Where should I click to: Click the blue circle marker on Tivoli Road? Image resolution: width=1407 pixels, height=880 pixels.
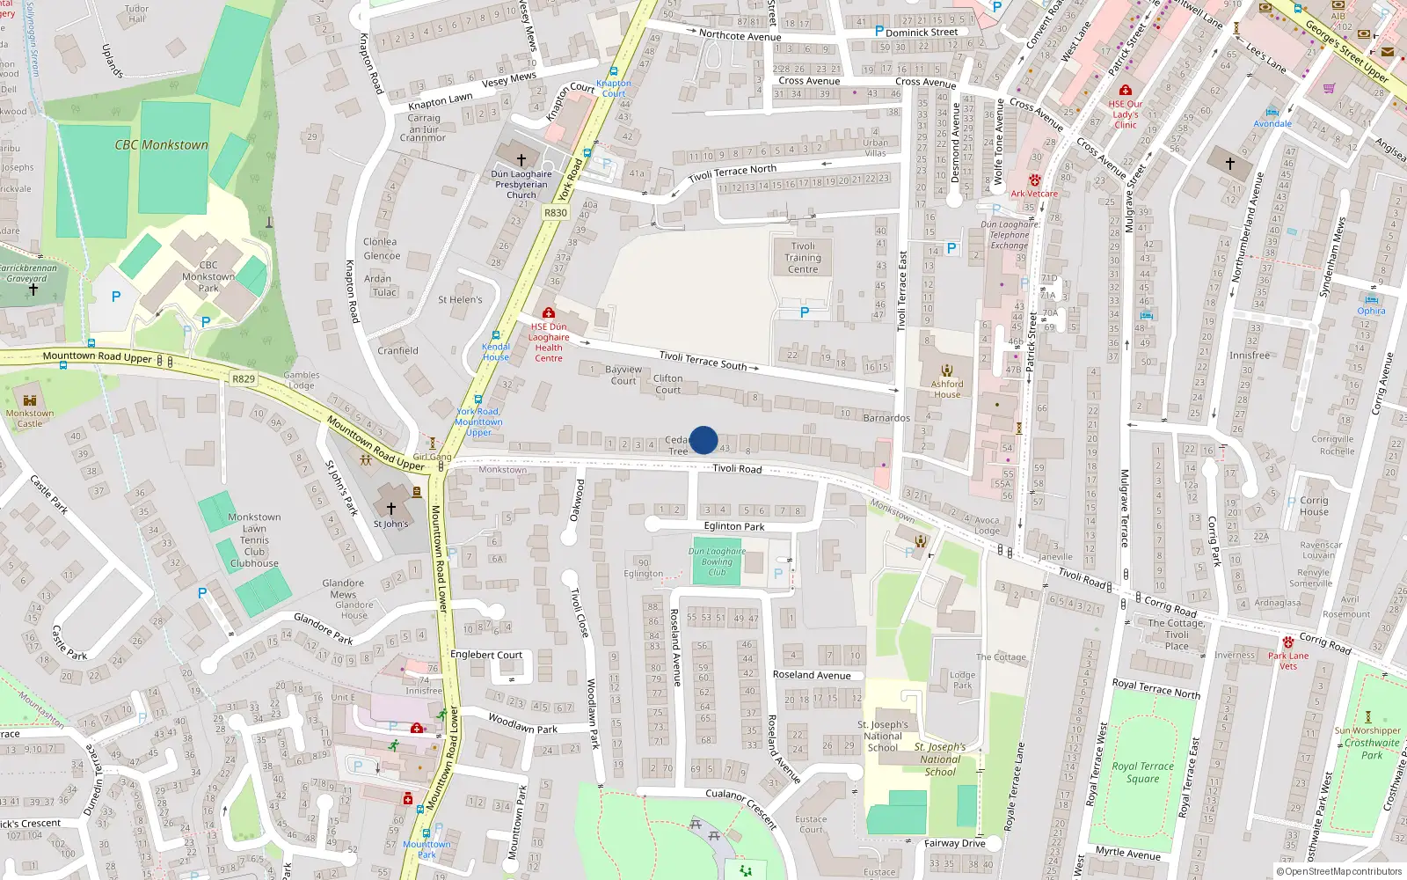(703, 440)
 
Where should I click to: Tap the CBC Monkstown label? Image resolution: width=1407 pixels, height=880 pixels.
(162, 145)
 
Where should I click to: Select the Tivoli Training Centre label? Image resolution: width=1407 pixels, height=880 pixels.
(803, 258)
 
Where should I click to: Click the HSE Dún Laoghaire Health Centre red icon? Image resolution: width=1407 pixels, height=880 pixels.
(549, 313)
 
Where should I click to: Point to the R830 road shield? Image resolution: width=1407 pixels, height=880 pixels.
(556, 213)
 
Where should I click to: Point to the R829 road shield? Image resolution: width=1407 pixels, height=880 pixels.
(244, 379)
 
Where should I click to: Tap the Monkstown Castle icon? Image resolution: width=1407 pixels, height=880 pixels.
(30, 400)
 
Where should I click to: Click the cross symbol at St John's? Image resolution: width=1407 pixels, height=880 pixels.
(391, 509)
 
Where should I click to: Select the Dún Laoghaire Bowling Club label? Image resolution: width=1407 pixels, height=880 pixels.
(717, 561)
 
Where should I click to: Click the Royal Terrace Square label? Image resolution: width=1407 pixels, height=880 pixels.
(1142, 772)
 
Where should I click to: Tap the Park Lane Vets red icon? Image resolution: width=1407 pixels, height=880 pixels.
(1287, 642)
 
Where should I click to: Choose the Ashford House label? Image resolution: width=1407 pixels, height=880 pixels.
(947, 389)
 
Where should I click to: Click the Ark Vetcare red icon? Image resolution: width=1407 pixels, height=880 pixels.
(1034, 180)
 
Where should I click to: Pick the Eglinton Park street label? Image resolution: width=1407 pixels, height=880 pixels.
(734, 526)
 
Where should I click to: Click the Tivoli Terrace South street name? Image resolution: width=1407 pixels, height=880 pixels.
(703, 360)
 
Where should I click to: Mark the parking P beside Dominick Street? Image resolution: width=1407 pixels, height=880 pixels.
(878, 31)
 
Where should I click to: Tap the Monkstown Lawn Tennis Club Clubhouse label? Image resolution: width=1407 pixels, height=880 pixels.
(254, 540)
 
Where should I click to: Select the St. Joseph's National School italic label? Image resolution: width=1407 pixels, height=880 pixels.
(940, 759)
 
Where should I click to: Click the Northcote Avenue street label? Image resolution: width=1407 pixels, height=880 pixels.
(740, 36)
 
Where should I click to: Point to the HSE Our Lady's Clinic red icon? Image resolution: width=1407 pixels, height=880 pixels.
(1125, 90)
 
